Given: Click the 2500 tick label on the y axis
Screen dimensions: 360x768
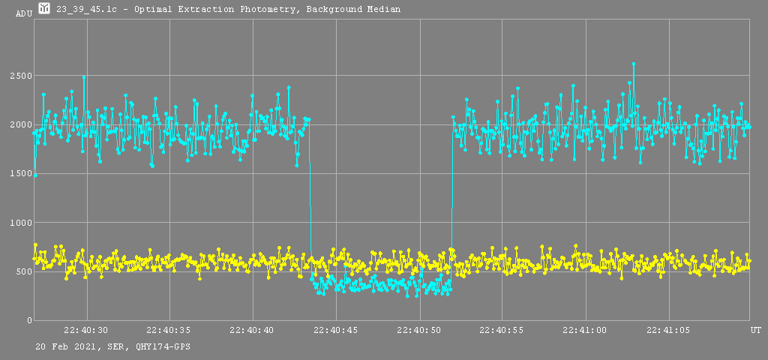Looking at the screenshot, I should tap(20, 76).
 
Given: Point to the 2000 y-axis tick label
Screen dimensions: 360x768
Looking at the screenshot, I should tap(20, 124).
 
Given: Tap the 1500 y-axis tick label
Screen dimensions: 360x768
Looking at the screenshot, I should tap(20, 173).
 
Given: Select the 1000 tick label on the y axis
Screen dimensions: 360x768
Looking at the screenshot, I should tap(20, 223).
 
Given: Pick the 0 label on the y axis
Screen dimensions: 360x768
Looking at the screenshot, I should tap(28, 320).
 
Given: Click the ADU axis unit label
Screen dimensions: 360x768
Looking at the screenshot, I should tap(24, 13).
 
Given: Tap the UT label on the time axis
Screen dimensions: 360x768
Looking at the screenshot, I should tap(755, 330).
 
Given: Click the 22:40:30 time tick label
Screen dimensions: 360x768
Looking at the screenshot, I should tap(86, 330).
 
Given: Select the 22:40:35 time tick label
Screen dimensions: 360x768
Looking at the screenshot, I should tap(169, 330).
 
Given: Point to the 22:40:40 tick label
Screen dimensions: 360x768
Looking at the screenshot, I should tap(253, 330).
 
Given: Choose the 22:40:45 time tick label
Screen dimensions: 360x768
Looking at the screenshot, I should tap(336, 330).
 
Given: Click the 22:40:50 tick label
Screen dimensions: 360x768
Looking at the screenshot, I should tap(418, 330).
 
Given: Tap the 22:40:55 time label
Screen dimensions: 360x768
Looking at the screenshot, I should tap(502, 330).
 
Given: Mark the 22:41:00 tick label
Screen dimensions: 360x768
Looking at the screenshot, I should tap(585, 330).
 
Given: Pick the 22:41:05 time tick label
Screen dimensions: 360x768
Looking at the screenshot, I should tap(668, 330).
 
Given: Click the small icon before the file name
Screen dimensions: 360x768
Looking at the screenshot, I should tap(44, 8).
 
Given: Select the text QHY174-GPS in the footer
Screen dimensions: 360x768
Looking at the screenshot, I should tap(157, 347).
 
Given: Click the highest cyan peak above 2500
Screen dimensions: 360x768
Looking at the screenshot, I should tap(634, 64).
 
